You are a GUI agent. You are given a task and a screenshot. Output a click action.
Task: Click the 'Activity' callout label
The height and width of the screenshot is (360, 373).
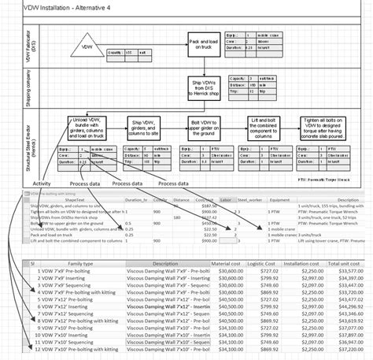42,184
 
